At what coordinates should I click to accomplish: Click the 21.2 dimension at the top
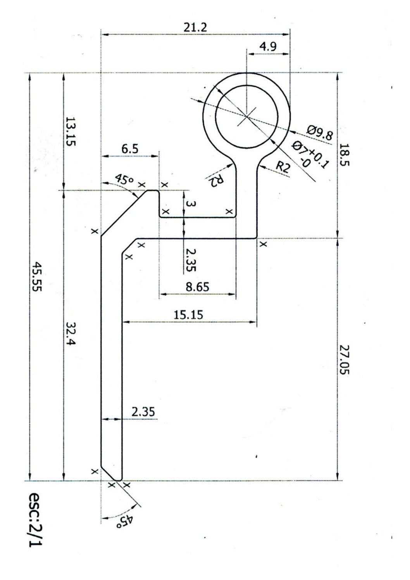[x=196, y=28]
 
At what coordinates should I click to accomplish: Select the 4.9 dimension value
[x=268, y=47]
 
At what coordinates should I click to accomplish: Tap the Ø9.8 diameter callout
[x=320, y=133]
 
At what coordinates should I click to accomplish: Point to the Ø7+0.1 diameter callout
[x=310, y=155]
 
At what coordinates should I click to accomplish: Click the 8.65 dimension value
[x=197, y=287]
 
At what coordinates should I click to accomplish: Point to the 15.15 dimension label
[x=189, y=315]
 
